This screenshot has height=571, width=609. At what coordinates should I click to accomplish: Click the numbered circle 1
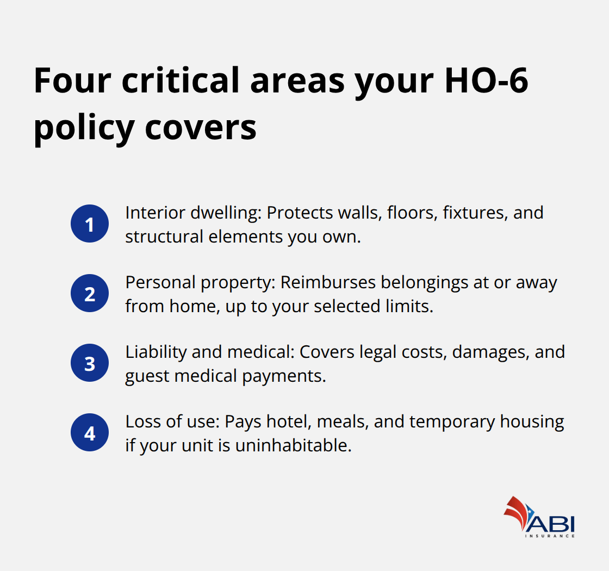(x=90, y=224)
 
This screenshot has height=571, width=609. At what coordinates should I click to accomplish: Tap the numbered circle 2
(x=90, y=294)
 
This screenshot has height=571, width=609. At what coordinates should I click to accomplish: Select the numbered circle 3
(x=90, y=363)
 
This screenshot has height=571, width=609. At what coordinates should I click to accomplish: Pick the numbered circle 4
(x=90, y=433)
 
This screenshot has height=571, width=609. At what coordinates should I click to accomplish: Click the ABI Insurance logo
(x=539, y=517)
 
